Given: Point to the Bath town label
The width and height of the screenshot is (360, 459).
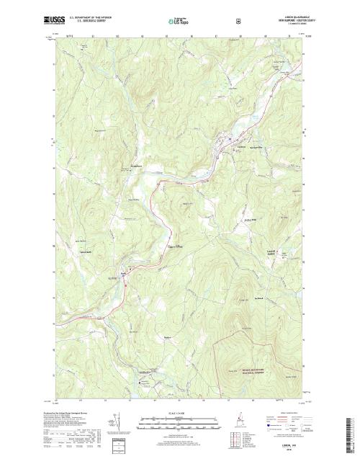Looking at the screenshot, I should pos(123,272).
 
